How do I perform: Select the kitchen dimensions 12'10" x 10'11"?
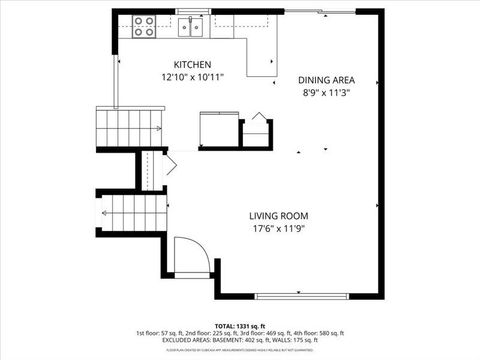pos(193,77)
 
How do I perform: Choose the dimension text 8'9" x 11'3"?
pos(326,93)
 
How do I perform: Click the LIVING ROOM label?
pos(278,216)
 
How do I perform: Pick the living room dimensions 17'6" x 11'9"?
pos(279,229)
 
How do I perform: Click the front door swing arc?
pos(190,254)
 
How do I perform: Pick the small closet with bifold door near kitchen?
pos(259,132)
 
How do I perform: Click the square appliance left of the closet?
pos(218,130)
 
